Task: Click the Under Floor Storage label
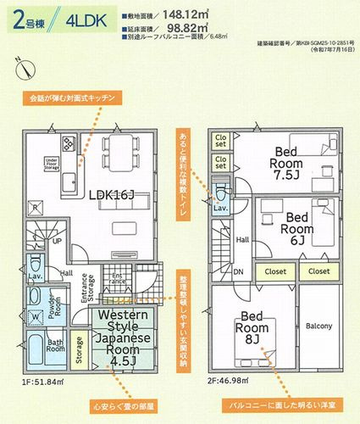51,164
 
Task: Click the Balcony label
318,326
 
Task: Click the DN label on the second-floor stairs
239,272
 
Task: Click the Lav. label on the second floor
219,207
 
